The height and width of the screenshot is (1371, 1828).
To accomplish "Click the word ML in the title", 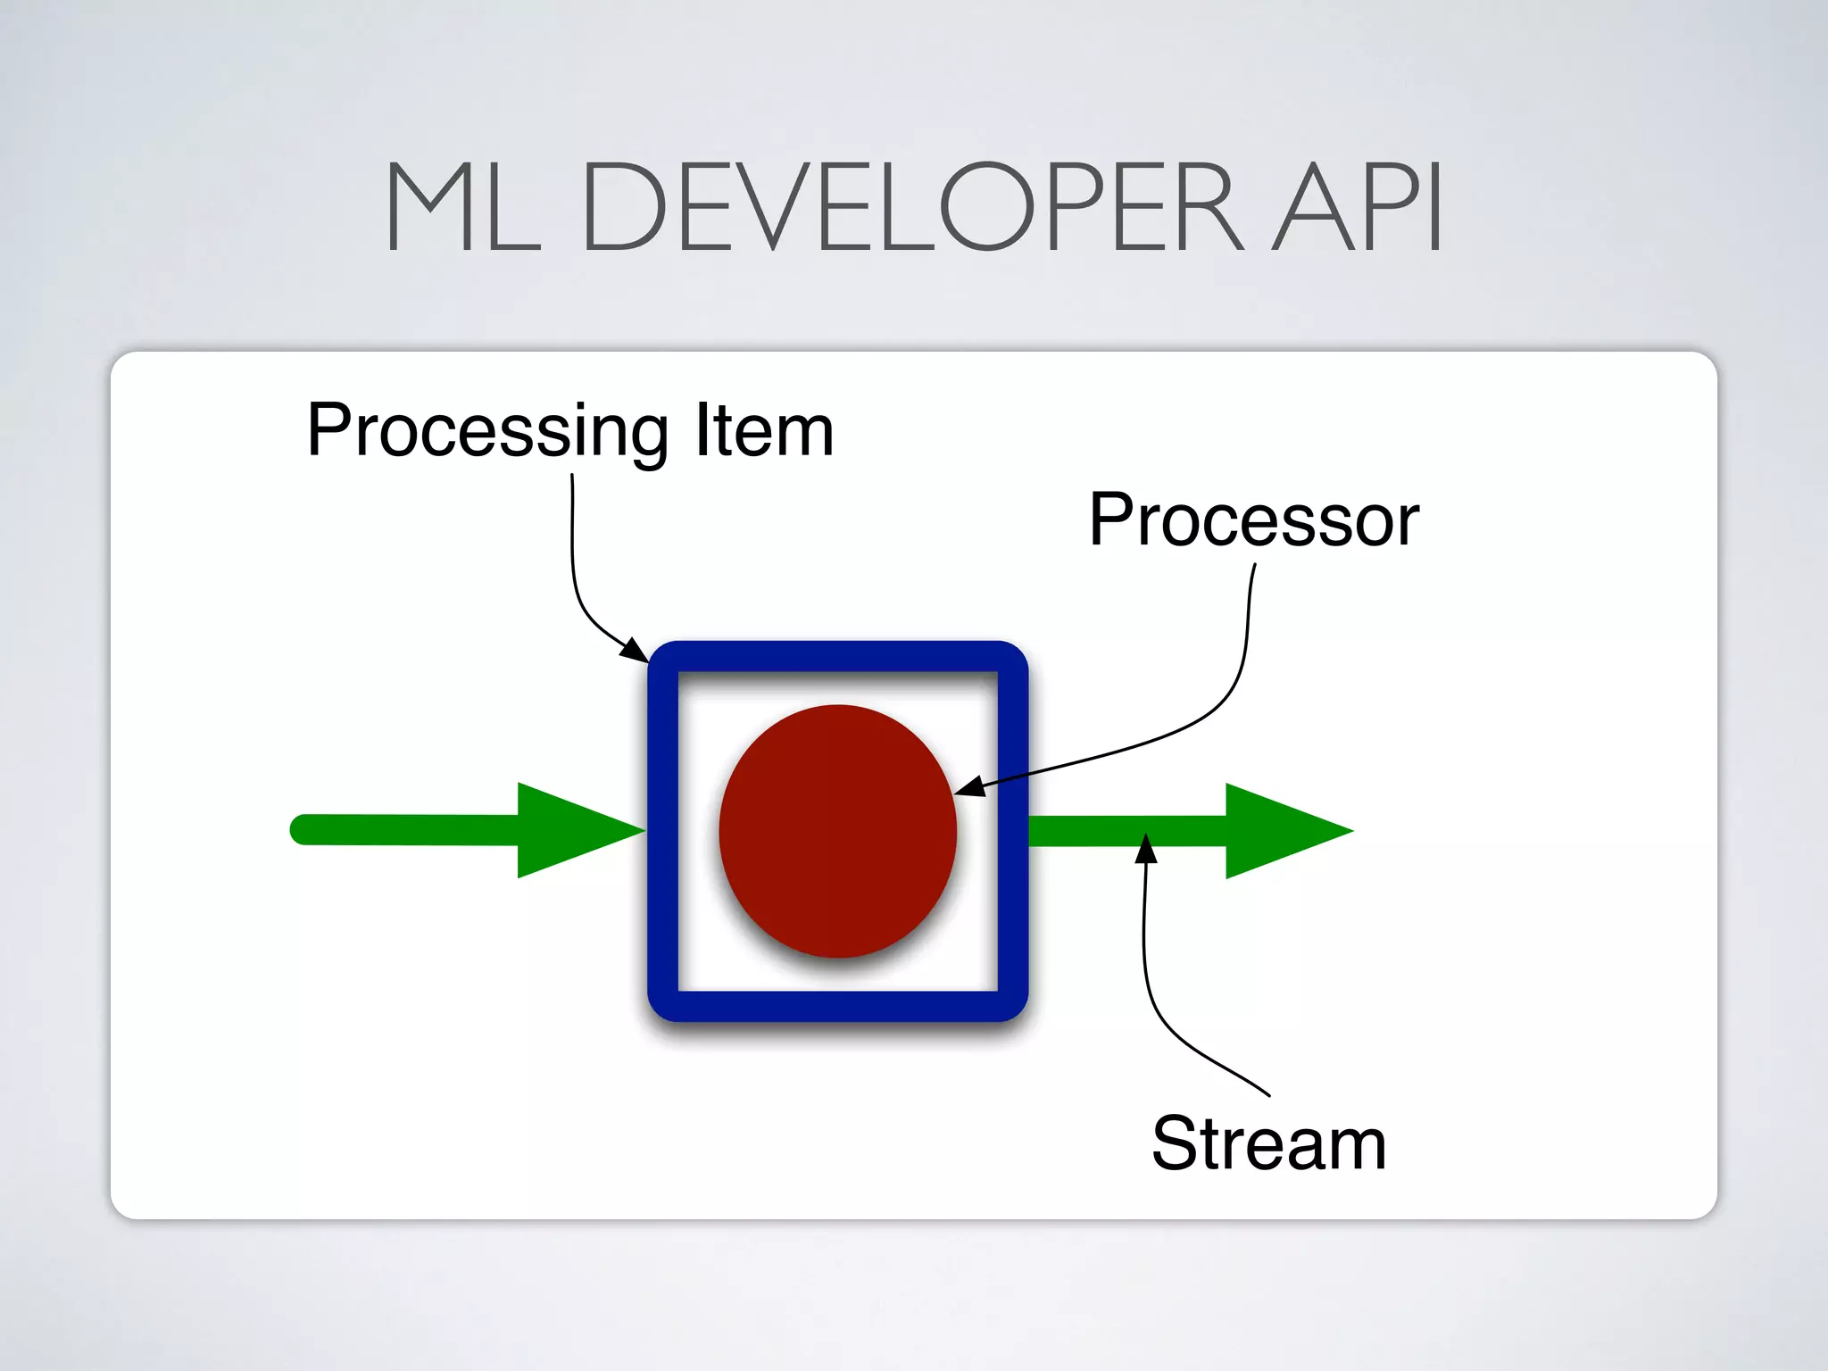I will click(x=462, y=207).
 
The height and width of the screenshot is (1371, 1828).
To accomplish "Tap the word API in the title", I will click(x=1358, y=207).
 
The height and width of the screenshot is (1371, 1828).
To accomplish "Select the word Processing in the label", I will click(x=486, y=432).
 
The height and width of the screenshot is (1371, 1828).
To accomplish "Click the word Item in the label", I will click(x=764, y=430).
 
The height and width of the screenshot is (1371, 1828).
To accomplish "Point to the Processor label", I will click(x=1253, y=520).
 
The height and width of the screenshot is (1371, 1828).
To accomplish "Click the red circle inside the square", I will click(x=837, y=831).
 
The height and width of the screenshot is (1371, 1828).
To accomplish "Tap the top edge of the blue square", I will click(x=837, y=656).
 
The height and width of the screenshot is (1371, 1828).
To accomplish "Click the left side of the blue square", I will click(x=663, y=831).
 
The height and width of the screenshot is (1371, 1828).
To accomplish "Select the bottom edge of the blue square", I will click(x=837, y=1006).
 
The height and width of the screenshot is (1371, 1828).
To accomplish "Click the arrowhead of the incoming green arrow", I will click(x=571, y=830).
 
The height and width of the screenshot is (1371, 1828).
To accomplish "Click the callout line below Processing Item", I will click(x=573, y=553).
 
